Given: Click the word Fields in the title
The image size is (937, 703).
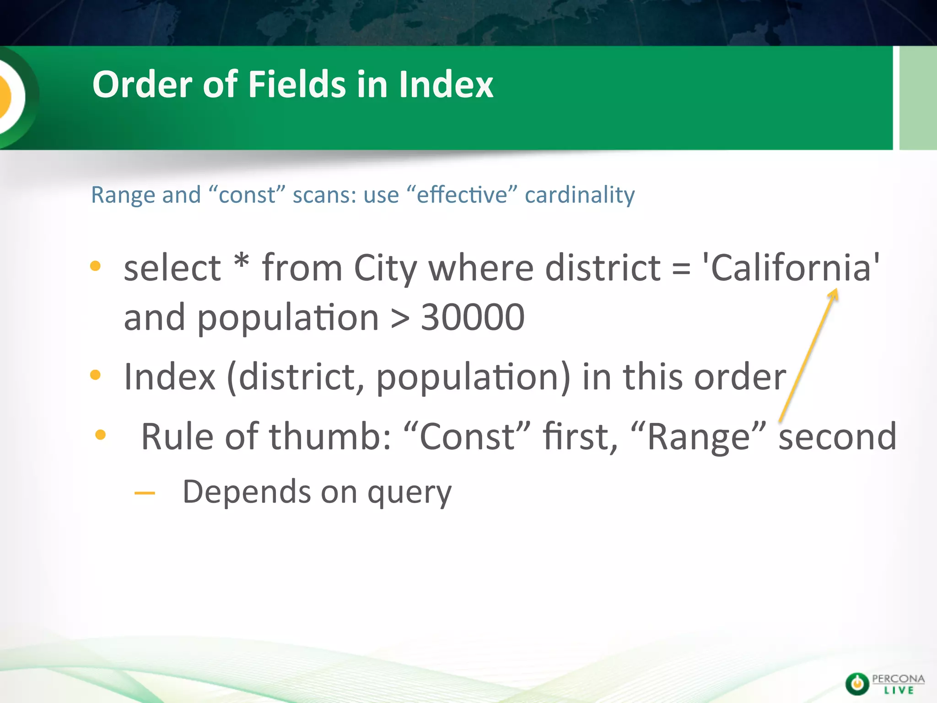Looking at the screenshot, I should [297, 85].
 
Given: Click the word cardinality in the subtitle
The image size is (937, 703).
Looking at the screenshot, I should [579, 195].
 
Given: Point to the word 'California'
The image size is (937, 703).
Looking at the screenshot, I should [790, 268].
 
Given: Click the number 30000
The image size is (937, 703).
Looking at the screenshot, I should [472, 317].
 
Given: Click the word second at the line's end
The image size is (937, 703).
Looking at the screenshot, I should [837, 437].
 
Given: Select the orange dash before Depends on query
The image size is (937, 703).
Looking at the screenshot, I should [145, 493].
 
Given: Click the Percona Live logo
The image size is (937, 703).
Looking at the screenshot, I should [884, 684].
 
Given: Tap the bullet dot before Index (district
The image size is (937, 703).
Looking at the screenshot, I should [95, 375].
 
